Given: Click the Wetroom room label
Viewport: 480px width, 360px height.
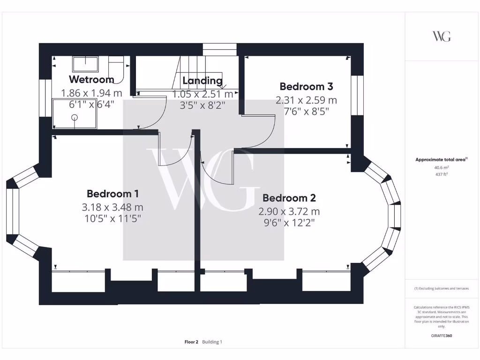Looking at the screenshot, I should click(x=91, y=79).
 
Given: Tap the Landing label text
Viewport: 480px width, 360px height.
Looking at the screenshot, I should click(x=202, y=80).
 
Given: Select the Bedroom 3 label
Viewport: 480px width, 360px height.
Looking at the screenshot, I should click(x=306, y=87).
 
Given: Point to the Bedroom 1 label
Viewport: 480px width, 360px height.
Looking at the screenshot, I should click(x=112, y=194).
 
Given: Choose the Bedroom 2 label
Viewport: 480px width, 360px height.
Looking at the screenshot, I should click(x=289, y=198).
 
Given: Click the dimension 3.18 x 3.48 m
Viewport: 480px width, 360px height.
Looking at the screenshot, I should click(x=112, y=207).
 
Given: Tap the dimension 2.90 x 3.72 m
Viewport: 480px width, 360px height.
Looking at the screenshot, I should click(x=289, y=211).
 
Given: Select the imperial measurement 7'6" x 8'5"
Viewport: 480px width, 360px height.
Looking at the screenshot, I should click(x=306, y=112).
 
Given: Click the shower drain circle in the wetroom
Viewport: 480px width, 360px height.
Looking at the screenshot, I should click(x=74, y=118).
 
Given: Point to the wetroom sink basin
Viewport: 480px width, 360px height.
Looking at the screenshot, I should click(x=85, y=64).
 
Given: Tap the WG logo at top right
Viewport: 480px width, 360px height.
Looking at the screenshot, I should click(x=442, y=36).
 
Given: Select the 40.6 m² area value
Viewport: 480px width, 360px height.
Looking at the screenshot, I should click(x=442, y=167).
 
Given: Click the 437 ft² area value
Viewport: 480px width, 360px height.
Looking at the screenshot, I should click(x=442, y=173).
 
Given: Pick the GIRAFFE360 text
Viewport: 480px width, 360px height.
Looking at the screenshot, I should click(x=442, y=336).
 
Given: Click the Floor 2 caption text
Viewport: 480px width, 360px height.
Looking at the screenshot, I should click(x=192, y=342).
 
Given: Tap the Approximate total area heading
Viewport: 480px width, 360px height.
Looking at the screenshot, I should click(x=441, y=160).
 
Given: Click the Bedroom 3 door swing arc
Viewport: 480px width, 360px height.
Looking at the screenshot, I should click(x=270, y=136).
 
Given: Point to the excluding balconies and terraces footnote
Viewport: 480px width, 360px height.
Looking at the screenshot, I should click(x=442, y=288).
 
